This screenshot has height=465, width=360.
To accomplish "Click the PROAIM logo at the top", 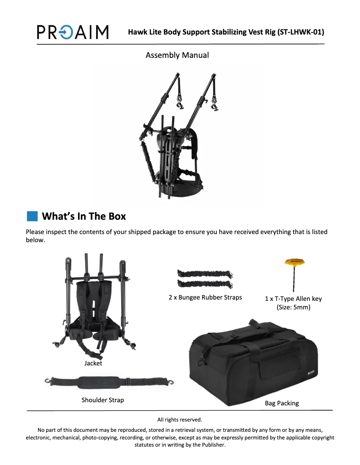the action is pyautogui.click(x=73, y=32).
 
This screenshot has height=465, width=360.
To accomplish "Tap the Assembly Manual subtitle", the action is pyautogui.click(x=177, y=55).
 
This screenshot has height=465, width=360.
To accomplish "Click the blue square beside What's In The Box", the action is pyautogui.click(x=32, y=216).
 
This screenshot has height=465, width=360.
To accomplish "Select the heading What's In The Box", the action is pyautogui.click(x=84, y=216).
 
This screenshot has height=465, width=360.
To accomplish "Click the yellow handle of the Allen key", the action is pyautogui.click(x=294, y=262).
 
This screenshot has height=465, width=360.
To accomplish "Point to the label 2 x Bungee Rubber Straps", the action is pyautogui.click(x=206, y=297).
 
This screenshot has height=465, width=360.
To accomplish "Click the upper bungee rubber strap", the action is pyautogui.click(x=205, y=274).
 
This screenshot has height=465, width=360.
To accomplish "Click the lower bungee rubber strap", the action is pyautogui.click(x=205, y=284).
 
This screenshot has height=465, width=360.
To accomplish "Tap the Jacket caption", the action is pyautogui.click(x=93, y=363).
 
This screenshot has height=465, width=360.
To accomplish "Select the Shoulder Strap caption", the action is pyautogui.click(x=103, y=400).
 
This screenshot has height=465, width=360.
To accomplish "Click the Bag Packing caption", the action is pyautogui.click(x=282, y=403).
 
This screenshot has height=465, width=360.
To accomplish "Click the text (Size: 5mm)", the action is pyautogui.click(x=294, y=307).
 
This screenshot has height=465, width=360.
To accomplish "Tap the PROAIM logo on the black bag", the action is pyautogui.click(x=311, y=373).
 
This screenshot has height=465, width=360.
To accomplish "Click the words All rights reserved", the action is pyautogui.click(x=180, y=420).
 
